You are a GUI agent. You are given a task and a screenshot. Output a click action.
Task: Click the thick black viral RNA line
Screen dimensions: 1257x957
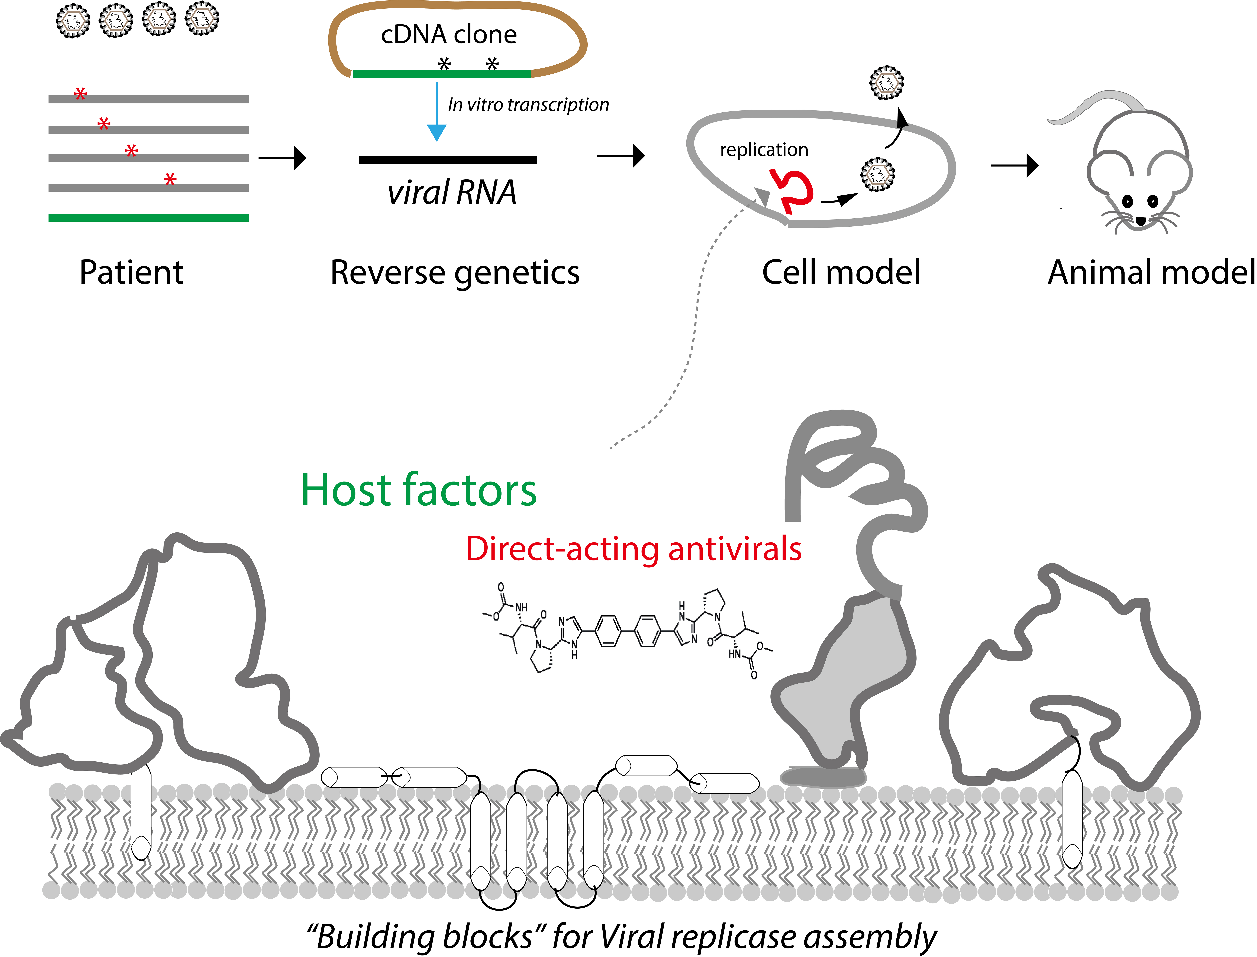(448, 160)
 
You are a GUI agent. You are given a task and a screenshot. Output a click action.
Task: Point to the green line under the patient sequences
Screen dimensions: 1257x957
(149, 218)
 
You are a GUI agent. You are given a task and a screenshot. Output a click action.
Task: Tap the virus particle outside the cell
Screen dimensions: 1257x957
(887, 83)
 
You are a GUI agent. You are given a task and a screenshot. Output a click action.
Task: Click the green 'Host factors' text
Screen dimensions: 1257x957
(419, 490)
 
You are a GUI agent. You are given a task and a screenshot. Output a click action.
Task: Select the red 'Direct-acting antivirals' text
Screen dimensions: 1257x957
(634, 549)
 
